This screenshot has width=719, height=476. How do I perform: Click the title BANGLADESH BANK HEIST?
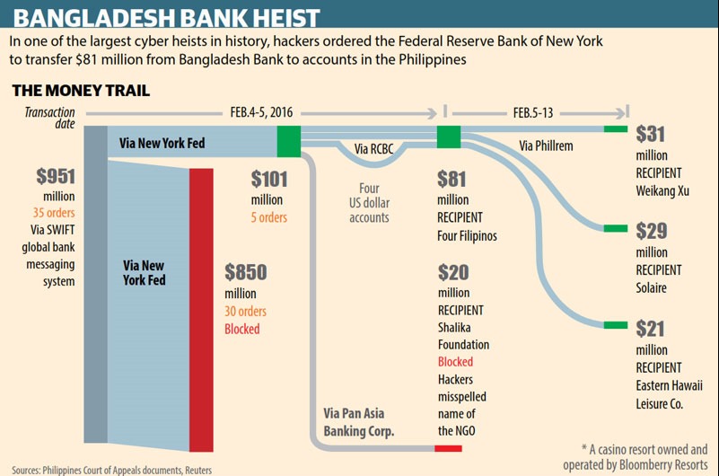click(167, 16)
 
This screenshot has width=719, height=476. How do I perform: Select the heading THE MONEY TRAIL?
click(80, 91)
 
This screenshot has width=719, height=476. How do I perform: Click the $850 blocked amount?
click(245, 272)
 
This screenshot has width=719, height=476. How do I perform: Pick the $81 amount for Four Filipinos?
click(452, 180)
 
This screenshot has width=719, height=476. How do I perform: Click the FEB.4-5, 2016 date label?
click(261, 113)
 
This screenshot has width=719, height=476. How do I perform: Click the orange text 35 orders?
click(54, 213)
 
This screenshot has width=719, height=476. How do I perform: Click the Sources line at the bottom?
click(113, 469)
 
